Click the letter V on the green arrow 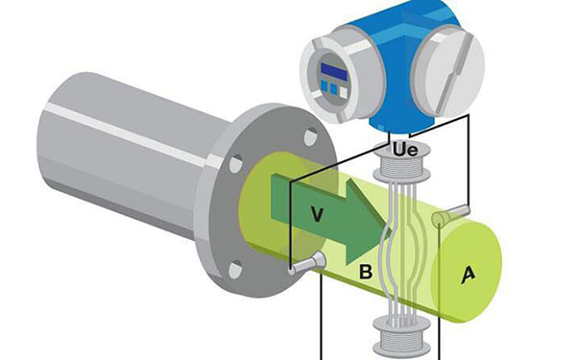[x=317, y=214]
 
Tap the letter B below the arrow [x=366, y=273]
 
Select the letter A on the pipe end [x=468, y=276]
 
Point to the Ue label [x=405, y=150]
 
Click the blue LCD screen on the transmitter [x=333, y=72]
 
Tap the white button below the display [x=343, y=92]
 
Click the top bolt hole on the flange [x=311, y=136]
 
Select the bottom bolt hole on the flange [x=235, y=270]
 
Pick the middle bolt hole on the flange [x=236, y=163]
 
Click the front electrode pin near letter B [x=307, y=263]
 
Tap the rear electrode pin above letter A [x=450, y=216]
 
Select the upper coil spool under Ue [x=401, y=163]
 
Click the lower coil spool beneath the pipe [x=401, y=336]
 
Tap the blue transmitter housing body [x=396, y=48]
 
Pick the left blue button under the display [x=324, y=86]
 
